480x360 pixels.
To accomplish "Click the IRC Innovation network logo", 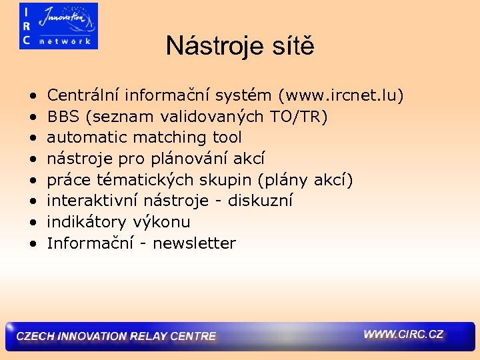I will coord(59,26).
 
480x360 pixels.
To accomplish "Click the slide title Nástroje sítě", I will coord(240,46).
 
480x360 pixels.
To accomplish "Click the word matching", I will coord(171,138).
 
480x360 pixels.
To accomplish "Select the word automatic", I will coord(87,137).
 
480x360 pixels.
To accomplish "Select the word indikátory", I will coord(87,223).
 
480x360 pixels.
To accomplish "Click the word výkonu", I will coord(163,223).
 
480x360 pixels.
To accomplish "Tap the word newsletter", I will coord(194,244).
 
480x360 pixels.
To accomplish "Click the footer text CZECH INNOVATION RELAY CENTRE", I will coord(116,337).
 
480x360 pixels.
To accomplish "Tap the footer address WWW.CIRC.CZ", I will coord(403,335).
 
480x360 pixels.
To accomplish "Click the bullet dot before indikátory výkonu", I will coord(32,223).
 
